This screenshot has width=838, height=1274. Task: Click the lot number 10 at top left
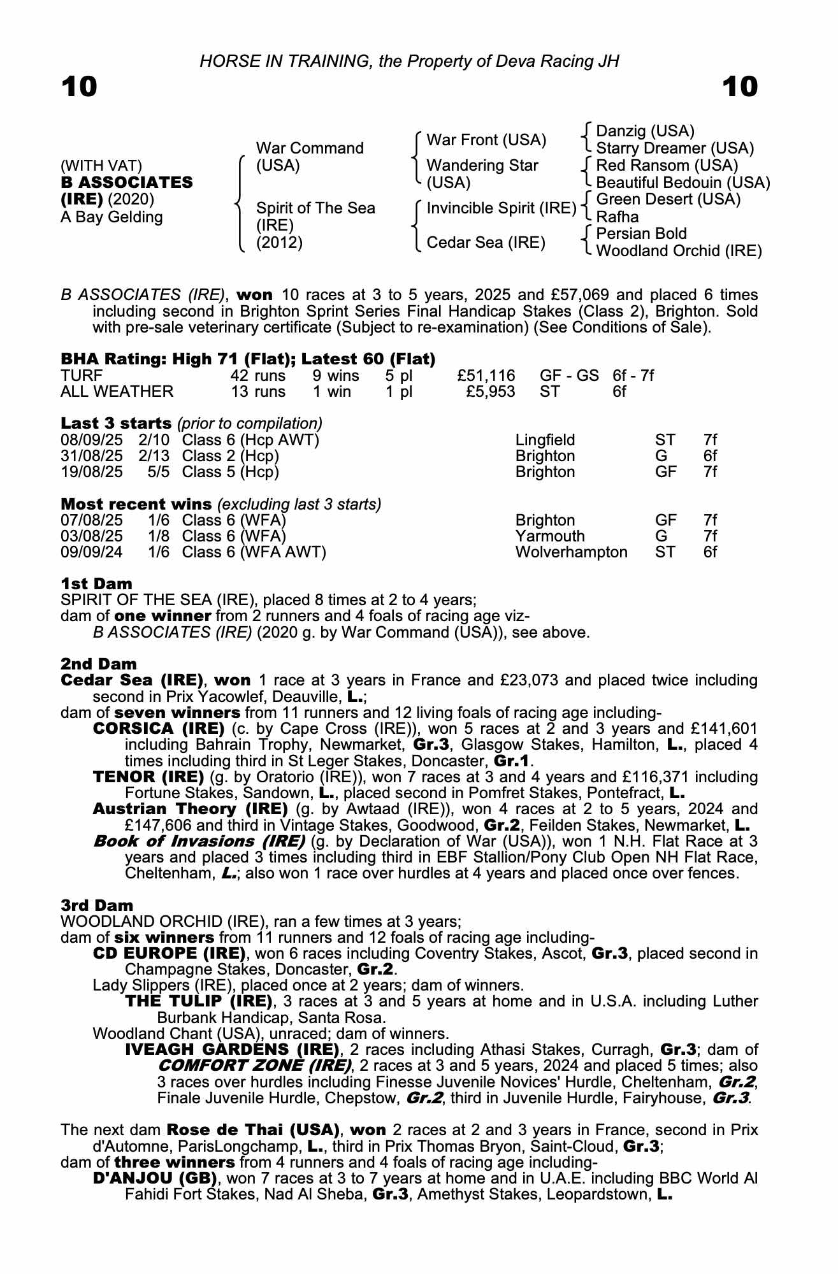79,87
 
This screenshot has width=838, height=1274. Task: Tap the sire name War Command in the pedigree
309,148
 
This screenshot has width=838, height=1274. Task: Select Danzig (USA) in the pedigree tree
645,131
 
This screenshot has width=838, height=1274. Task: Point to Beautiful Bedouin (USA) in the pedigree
683,183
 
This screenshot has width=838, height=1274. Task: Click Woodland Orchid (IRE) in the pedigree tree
679,251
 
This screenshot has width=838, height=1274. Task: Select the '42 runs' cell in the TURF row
257,376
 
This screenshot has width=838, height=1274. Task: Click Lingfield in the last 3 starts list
545,440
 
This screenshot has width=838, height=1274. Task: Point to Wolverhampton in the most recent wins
571,552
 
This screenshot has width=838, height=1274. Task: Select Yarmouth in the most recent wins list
549,536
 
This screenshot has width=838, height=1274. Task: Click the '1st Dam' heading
96,584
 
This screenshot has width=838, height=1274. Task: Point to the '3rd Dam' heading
97,906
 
